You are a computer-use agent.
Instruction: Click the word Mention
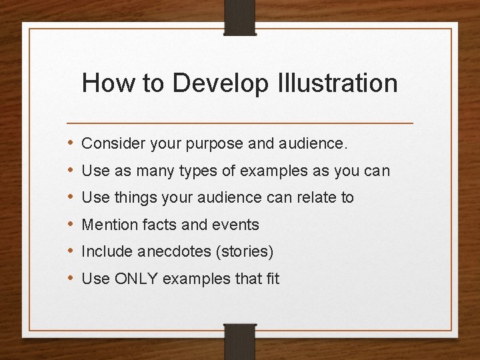109,225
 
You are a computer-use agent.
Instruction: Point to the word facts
159,225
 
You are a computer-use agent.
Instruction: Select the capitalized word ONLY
136,279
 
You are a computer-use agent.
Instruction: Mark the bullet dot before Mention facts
71,225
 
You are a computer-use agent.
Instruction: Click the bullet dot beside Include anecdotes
71,252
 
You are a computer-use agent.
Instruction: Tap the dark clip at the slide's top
240,17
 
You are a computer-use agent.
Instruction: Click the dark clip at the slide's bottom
240,341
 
